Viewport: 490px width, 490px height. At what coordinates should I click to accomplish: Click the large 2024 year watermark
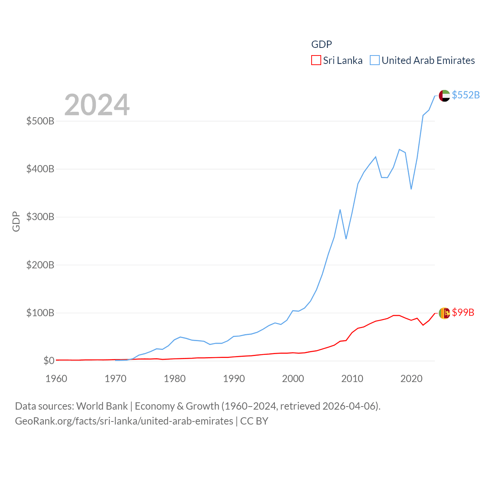(x=97, y=105)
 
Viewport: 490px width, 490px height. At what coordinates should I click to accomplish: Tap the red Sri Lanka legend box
(x=316, y=60)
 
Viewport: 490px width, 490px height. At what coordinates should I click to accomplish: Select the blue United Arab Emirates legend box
(x=374, y=60)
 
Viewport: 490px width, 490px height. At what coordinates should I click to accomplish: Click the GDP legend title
(x=321, y=44)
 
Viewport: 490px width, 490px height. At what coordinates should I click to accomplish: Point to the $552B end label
(x=465, y=95)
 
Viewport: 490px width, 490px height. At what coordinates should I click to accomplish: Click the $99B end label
(x=463, y=312)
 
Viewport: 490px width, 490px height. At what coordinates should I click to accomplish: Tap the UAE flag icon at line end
(x=444, y=96)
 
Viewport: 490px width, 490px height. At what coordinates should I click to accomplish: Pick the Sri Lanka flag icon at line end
(x=444, y=313)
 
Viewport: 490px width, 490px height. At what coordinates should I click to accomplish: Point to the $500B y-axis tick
(x=40, y=121)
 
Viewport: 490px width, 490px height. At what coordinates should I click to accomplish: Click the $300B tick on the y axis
(x=40, y=217)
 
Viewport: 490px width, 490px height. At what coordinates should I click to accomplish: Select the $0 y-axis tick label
(x=49, y=361)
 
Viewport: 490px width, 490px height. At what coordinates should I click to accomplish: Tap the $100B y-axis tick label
(x=40, y=313)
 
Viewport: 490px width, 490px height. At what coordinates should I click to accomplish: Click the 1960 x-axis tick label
(x=56, y=379)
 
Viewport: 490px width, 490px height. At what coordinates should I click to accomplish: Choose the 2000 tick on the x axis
(x=293, y=379)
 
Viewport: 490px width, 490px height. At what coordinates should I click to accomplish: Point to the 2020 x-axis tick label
(x=411, y=379)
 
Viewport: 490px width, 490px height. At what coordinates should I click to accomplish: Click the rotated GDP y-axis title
(x=16, y=221)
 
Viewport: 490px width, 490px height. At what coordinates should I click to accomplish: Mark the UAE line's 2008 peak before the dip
(x=340, y=210)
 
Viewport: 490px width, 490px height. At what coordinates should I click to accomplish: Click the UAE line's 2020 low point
(x=411, y=189)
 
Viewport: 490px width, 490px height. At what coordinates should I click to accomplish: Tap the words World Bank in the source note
(x=102, y=406)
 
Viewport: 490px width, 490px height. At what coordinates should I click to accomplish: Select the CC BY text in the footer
(x=254, y=421)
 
